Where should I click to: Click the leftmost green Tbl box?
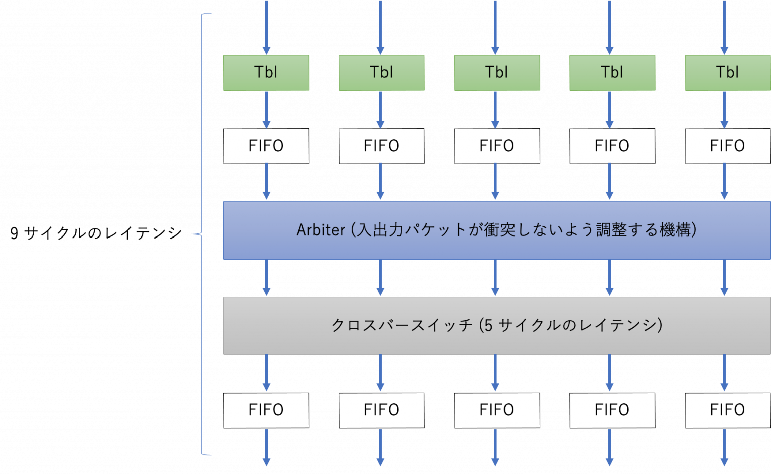coord(266,73)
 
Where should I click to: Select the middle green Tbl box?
coord(497,73)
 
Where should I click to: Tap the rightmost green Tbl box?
coord(727,73)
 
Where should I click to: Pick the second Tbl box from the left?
coord(381,73)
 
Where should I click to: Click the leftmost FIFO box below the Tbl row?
coord(266,146)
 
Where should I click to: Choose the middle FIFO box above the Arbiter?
coord(497,146)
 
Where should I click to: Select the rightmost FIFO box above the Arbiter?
coord(727,146)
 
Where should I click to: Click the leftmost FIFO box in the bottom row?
coord(266,410)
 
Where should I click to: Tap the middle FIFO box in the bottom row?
coord(497,410)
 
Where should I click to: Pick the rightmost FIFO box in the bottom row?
coord(727,410)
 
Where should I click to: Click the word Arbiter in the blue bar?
coord(321,230)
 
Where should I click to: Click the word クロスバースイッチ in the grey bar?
coord(402,326)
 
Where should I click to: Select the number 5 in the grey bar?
coord(488,326)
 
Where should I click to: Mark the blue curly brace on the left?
coord(201,234)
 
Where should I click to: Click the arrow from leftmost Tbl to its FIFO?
coord(266,109)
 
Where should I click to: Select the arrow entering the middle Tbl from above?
coord(495,28)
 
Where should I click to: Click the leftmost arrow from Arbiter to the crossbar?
coord(266,278)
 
